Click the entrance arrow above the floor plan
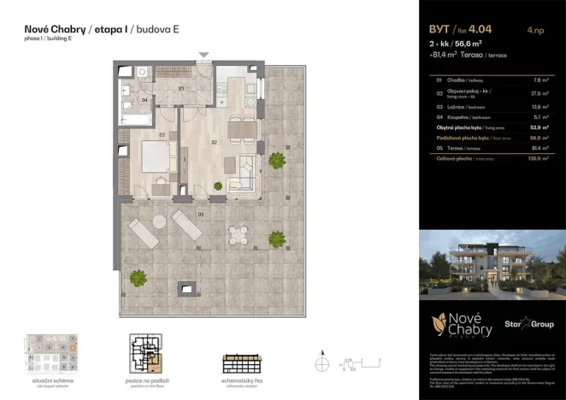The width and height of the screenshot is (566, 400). [203, 56]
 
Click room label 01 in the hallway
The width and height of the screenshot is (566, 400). [181, 87]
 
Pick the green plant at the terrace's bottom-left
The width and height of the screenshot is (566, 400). [138, 276]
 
